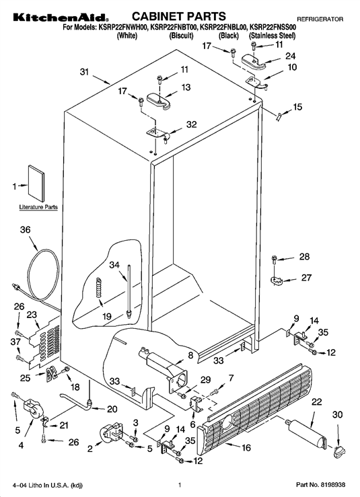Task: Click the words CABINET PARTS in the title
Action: coord(179,16)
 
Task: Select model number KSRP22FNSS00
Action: coord(273,28)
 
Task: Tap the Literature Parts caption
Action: coord(38,207)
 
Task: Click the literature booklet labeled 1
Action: coord(36,183)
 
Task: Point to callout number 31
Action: coord(84,72)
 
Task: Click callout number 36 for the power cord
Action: coord(26,229)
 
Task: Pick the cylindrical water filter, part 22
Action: coord(306,432)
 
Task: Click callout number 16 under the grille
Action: coord(246,447)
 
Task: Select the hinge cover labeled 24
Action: coord(254,61)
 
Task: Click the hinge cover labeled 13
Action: coord(159,101)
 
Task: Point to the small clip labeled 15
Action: coord(279,116)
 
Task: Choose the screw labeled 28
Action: coord(275,260)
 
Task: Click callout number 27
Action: coord(306,278)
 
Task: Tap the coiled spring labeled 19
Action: coord(99,287)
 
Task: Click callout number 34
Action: coord(114,265)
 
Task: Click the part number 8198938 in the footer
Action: coord(332,485)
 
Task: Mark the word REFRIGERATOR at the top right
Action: coord(320,20)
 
